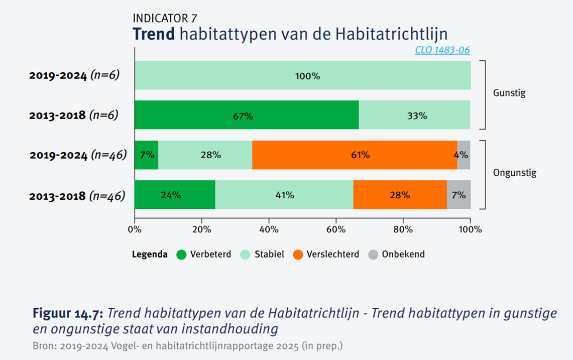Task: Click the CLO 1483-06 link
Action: point(442,50)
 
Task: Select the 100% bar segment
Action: point(302,75)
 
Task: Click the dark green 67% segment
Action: point(247,115)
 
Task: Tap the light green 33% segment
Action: point(415,115)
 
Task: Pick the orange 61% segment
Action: point(355,155)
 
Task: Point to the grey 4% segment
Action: point(464,155)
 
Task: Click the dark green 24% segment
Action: point(174,195)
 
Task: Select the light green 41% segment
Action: point(284,195)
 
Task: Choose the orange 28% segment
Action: point(400,195)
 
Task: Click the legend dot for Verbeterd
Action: point(181,255)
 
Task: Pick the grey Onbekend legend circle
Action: point(373,255)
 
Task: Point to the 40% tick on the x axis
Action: point(269,229)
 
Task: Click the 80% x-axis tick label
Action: point(403,229)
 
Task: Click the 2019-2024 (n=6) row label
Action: point(74,76)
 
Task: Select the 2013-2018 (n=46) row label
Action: point(77,195)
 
